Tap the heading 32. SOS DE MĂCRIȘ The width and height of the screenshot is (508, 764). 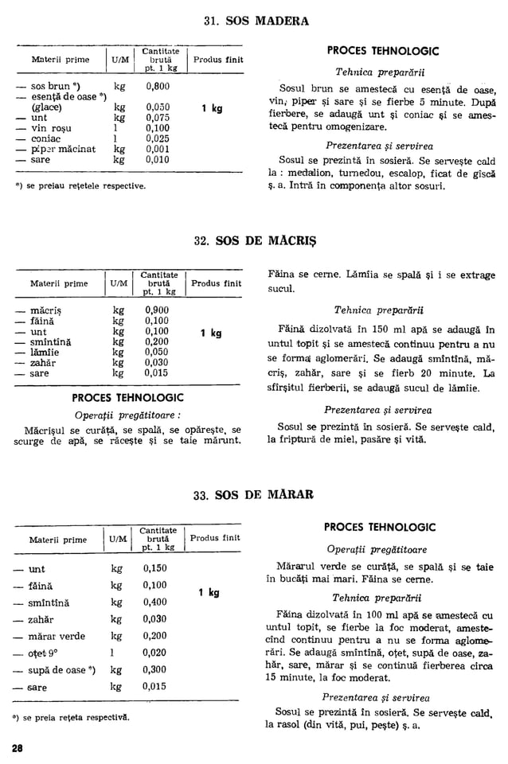click(254, 239)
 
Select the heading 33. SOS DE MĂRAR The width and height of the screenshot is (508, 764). click(254, 494)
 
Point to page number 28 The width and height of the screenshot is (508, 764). click(18, 747)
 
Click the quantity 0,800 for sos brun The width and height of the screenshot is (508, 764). click(158, 86)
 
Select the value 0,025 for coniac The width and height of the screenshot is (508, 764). click(158, 138)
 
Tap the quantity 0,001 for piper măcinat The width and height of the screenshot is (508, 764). click(158, 148)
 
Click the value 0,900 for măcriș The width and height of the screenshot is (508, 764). click(157, 310)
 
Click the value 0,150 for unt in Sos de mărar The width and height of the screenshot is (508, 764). click(155, 568)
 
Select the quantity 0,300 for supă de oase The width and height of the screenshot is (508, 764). click(155, 669)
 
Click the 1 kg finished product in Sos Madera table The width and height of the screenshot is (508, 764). click(211, 108)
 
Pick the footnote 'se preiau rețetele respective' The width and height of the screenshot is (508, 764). click(80, 185)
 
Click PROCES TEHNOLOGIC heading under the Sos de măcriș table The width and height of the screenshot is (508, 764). click(127, 397)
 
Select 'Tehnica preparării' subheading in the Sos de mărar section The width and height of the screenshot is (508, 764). click(379, 598)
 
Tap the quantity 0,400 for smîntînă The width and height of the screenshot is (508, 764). click(155, 602)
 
